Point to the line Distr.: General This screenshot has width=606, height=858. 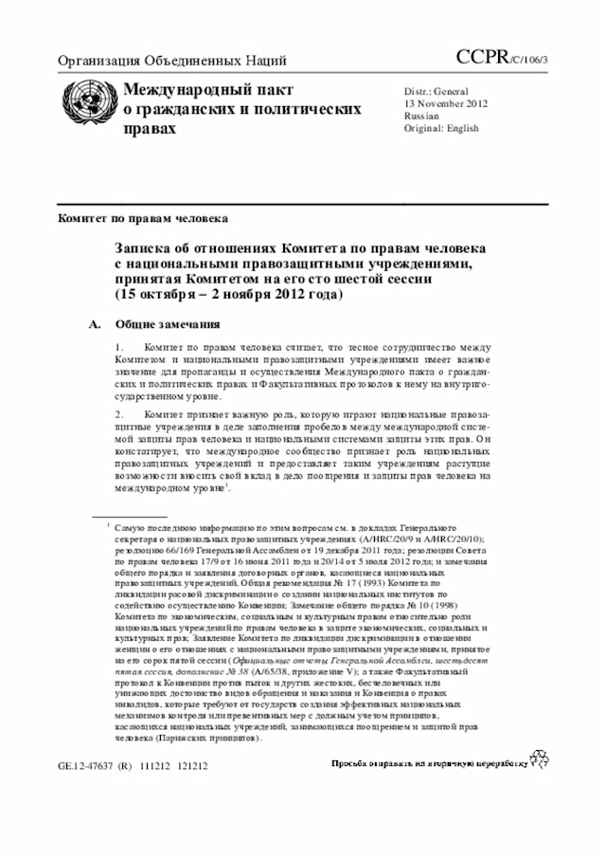click(437, 90)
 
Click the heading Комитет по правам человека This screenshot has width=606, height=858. click(142, 218)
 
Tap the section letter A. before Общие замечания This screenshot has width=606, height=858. click(94, 325)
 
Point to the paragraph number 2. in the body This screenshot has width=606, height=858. click(119, 414)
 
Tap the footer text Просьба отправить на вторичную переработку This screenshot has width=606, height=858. click(425, 762)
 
